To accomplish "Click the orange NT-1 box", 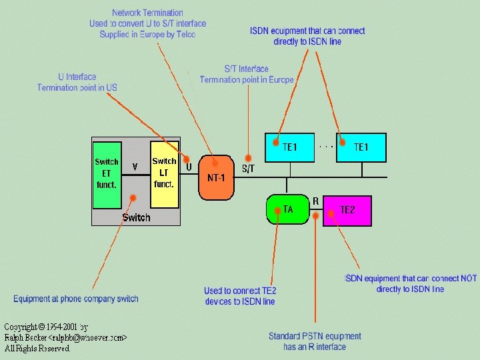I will pyautogui.click(x=216, y=177).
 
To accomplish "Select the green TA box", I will pyautogui.click(x=288, y=209).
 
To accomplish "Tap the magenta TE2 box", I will pyautogui.click(x=347, y=210).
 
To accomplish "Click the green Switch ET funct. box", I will pyautogui.click(x=107, y=174).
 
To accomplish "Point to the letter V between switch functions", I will pyautogui.click(x=135, y=167).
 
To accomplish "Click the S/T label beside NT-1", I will pyautogui.click(x=248, y=169).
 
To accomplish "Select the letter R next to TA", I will pyautogui.click(x=315, y=201).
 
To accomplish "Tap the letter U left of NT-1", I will pyautogui.click(x=189, y=167).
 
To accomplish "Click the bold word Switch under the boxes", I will pyautogui.click(x=136, y=217).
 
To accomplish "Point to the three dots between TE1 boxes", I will pyautogui.click(x=325, y=144).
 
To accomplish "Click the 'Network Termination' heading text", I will pyautogui.click(x=147, y=13).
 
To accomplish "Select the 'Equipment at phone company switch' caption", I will pyautogui.click(x=76, y=299).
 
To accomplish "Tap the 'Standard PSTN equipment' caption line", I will pyautogui.click(x=315, y=336).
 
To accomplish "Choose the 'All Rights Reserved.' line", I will pyautogui.click(x=37, y=348).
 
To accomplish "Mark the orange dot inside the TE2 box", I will pyautogui.click(x=331, y=213).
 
